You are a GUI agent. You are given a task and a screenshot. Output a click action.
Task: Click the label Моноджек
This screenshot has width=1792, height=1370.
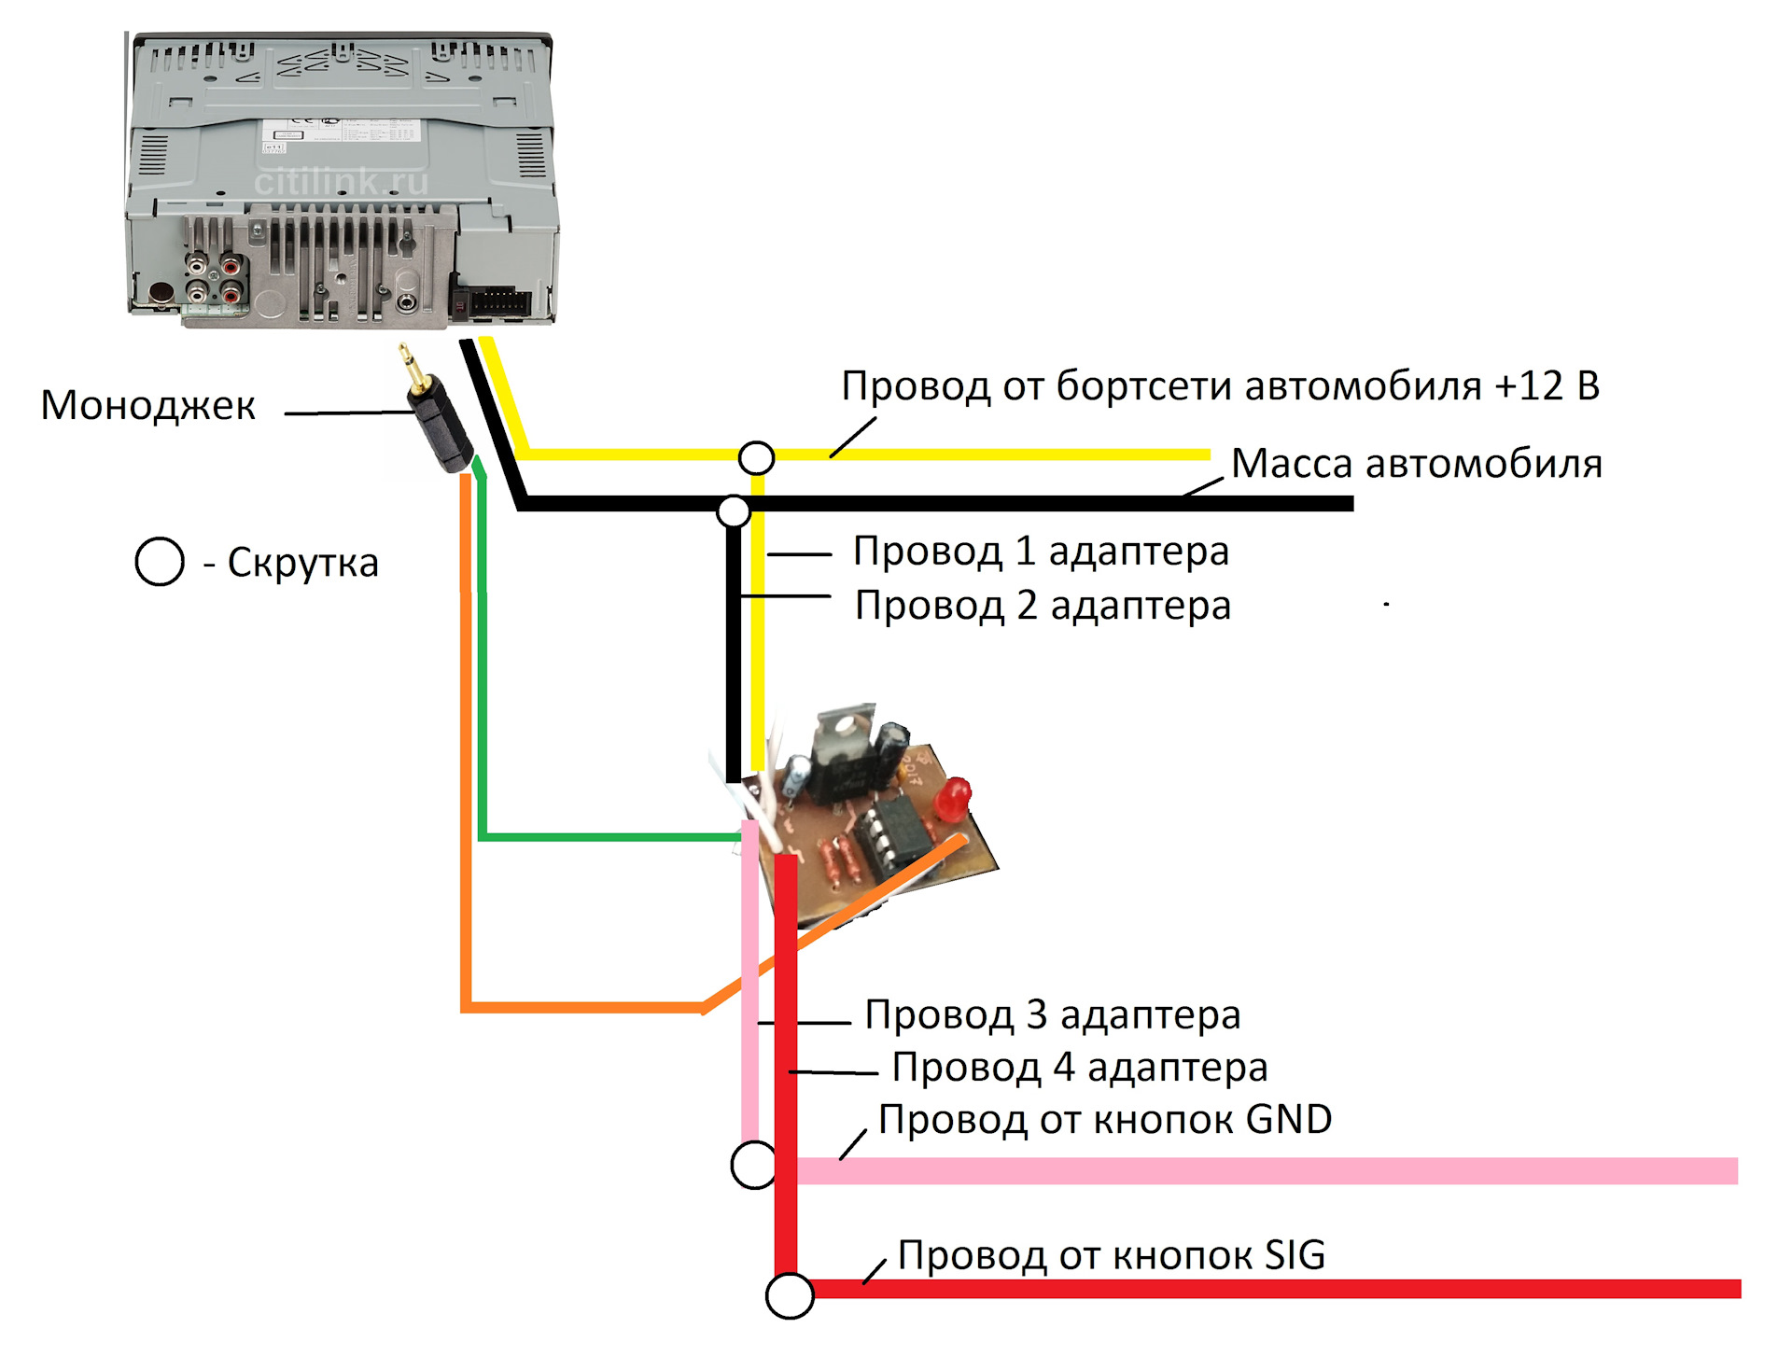click(147, 405)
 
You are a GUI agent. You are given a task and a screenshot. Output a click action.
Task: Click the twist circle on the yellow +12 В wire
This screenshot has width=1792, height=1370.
click(756, 457)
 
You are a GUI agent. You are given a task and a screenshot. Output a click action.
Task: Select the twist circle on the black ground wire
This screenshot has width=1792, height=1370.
click(734, 511)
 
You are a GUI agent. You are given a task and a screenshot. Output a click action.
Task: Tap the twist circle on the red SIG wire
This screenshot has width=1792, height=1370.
click(790, 1295)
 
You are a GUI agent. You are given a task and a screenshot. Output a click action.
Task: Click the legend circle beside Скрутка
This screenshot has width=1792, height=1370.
click(160, 562)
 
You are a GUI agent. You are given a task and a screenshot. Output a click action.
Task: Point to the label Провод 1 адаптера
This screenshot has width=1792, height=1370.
click(1041, 551)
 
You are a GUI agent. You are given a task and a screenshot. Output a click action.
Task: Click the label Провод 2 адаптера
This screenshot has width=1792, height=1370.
click(1043, 605)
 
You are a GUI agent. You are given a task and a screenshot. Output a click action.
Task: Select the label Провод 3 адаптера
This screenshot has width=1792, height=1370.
click(1053, 1014)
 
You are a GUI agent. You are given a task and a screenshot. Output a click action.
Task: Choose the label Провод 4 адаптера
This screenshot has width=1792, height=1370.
click(1080, 1067)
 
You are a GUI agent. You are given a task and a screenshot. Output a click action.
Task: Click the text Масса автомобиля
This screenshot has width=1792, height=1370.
click(1416, 464)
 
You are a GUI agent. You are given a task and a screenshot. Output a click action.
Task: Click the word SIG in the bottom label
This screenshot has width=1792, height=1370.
click(1295, 1255)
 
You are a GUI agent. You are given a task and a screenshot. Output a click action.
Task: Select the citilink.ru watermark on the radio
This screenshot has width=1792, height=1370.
click(341, 182)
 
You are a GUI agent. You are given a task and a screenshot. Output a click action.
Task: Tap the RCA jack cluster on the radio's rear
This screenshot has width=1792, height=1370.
click(215, 279)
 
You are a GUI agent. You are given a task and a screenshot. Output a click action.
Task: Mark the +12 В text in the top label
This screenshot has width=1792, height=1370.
click(1547, 385)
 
